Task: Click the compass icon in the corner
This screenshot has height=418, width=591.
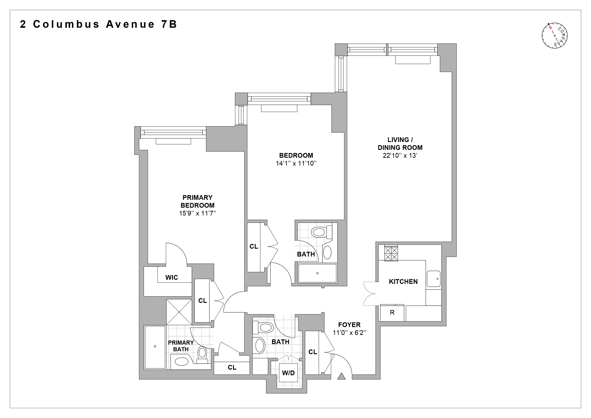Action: pyautogui.click(x=555, y=35)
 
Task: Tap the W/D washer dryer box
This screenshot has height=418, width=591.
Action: pyautogui.click(x=288, y=373)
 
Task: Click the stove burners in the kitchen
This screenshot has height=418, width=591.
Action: pyautogui.click(x=391, y=253)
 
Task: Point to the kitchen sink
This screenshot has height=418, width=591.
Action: pyautogui.click(x=434, y=279)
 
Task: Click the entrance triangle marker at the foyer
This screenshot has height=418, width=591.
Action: pyautogui.click(x=341, y=376)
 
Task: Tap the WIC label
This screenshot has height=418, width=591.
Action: pyautogui.click(x=171, y=277)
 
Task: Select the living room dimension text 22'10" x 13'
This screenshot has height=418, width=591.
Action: pyautogui.click(x=400, y=155)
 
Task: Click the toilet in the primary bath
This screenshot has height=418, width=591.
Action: pyautogui.click(x=202, y=354)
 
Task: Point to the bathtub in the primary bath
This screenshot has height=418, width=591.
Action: pyautogui.click(x=155, y=347)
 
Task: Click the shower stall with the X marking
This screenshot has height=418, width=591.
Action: pyautogui.click(x=179, y=312)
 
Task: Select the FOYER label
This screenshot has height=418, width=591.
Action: pyautogui.click(x=349, y=325)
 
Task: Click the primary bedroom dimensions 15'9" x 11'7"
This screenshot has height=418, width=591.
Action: pyautogui.click(x=198, y=213)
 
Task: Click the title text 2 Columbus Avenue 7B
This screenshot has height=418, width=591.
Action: pyautogui.click(x=99, y=24)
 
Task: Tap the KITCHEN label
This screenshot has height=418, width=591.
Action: pyautogui.click(x=403, y=282)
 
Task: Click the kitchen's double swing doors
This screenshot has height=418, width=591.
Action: pyautogui.click(x=370, y=294)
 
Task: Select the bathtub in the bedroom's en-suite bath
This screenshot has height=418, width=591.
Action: pyautogui.click(x=317, y=273)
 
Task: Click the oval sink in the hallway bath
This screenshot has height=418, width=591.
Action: pyautogui.click(x=260, y=345)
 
